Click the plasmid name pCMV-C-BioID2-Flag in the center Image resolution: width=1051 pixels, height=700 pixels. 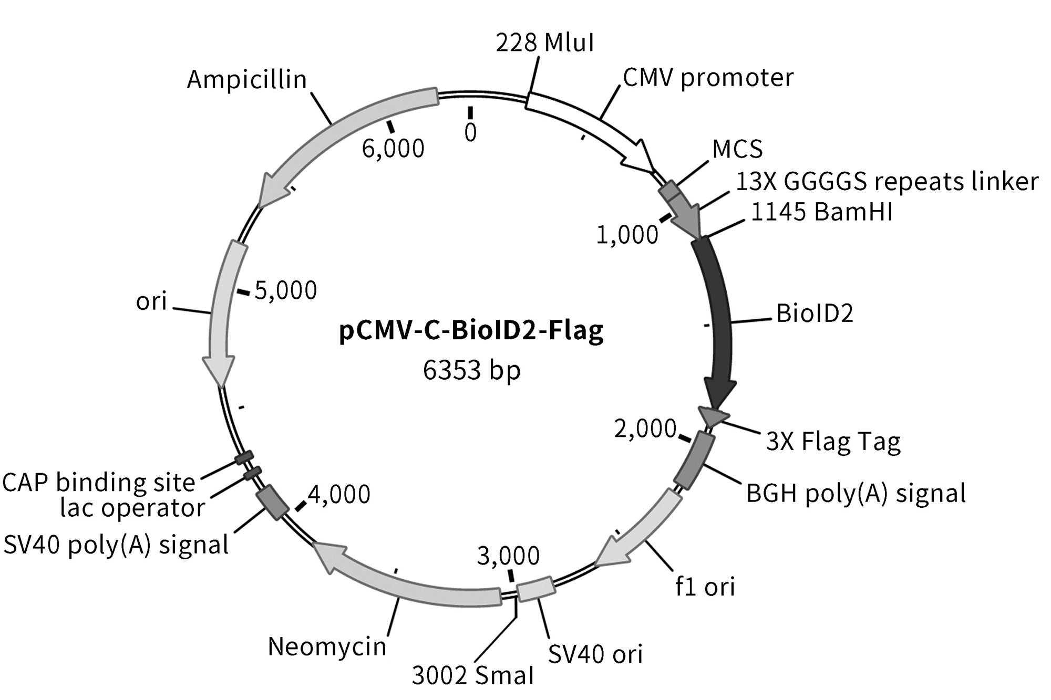click(x=471, y=332)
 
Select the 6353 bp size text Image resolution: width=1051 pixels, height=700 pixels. click(x=471, y=371)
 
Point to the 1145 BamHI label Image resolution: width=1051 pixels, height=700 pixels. click(x=821, y=213)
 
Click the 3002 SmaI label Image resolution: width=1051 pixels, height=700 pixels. click(x=472, y=675)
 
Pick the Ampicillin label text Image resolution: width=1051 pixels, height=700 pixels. click(x=246, y=80)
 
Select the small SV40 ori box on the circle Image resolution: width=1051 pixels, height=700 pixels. click(x=535, y=589)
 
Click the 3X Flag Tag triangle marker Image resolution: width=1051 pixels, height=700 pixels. click(x=712, y=416)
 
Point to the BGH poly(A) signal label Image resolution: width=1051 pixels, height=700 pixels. click(x=856, y=494)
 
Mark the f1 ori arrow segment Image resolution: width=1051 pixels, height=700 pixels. click(x=641, y=530)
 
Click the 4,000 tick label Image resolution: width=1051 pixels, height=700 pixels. click(x=339, y=495)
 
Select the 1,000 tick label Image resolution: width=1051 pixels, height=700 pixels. click(x=627, y=235)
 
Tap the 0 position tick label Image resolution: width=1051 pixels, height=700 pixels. click(x=470, y=133)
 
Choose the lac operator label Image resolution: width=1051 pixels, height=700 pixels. click(x=132, y=508)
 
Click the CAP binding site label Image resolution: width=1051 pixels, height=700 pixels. click(x=99, y=483)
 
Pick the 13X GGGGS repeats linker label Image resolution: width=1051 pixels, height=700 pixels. click(x=887, y=182)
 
